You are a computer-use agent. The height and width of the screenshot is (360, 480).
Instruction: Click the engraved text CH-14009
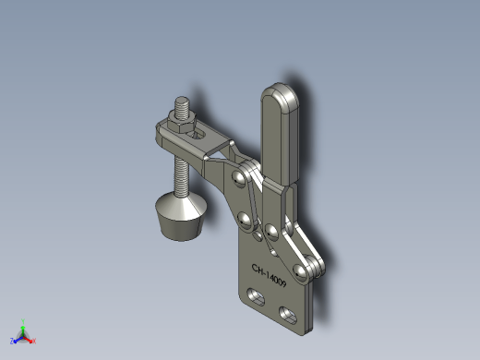coord(269,275)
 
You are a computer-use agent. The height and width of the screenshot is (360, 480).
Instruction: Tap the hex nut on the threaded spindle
coord(182,123)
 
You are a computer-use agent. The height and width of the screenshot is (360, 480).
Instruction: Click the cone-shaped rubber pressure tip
coord(181,216)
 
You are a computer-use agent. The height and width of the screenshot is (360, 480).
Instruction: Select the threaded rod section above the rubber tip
coord(182,175)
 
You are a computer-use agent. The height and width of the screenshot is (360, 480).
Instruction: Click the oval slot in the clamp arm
coord(198,135)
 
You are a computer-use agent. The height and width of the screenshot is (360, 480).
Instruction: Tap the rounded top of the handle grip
coord(280,95)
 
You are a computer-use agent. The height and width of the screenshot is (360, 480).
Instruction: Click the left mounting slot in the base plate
coord(256,296)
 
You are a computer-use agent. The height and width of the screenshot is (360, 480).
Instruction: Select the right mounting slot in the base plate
coord(288,315)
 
